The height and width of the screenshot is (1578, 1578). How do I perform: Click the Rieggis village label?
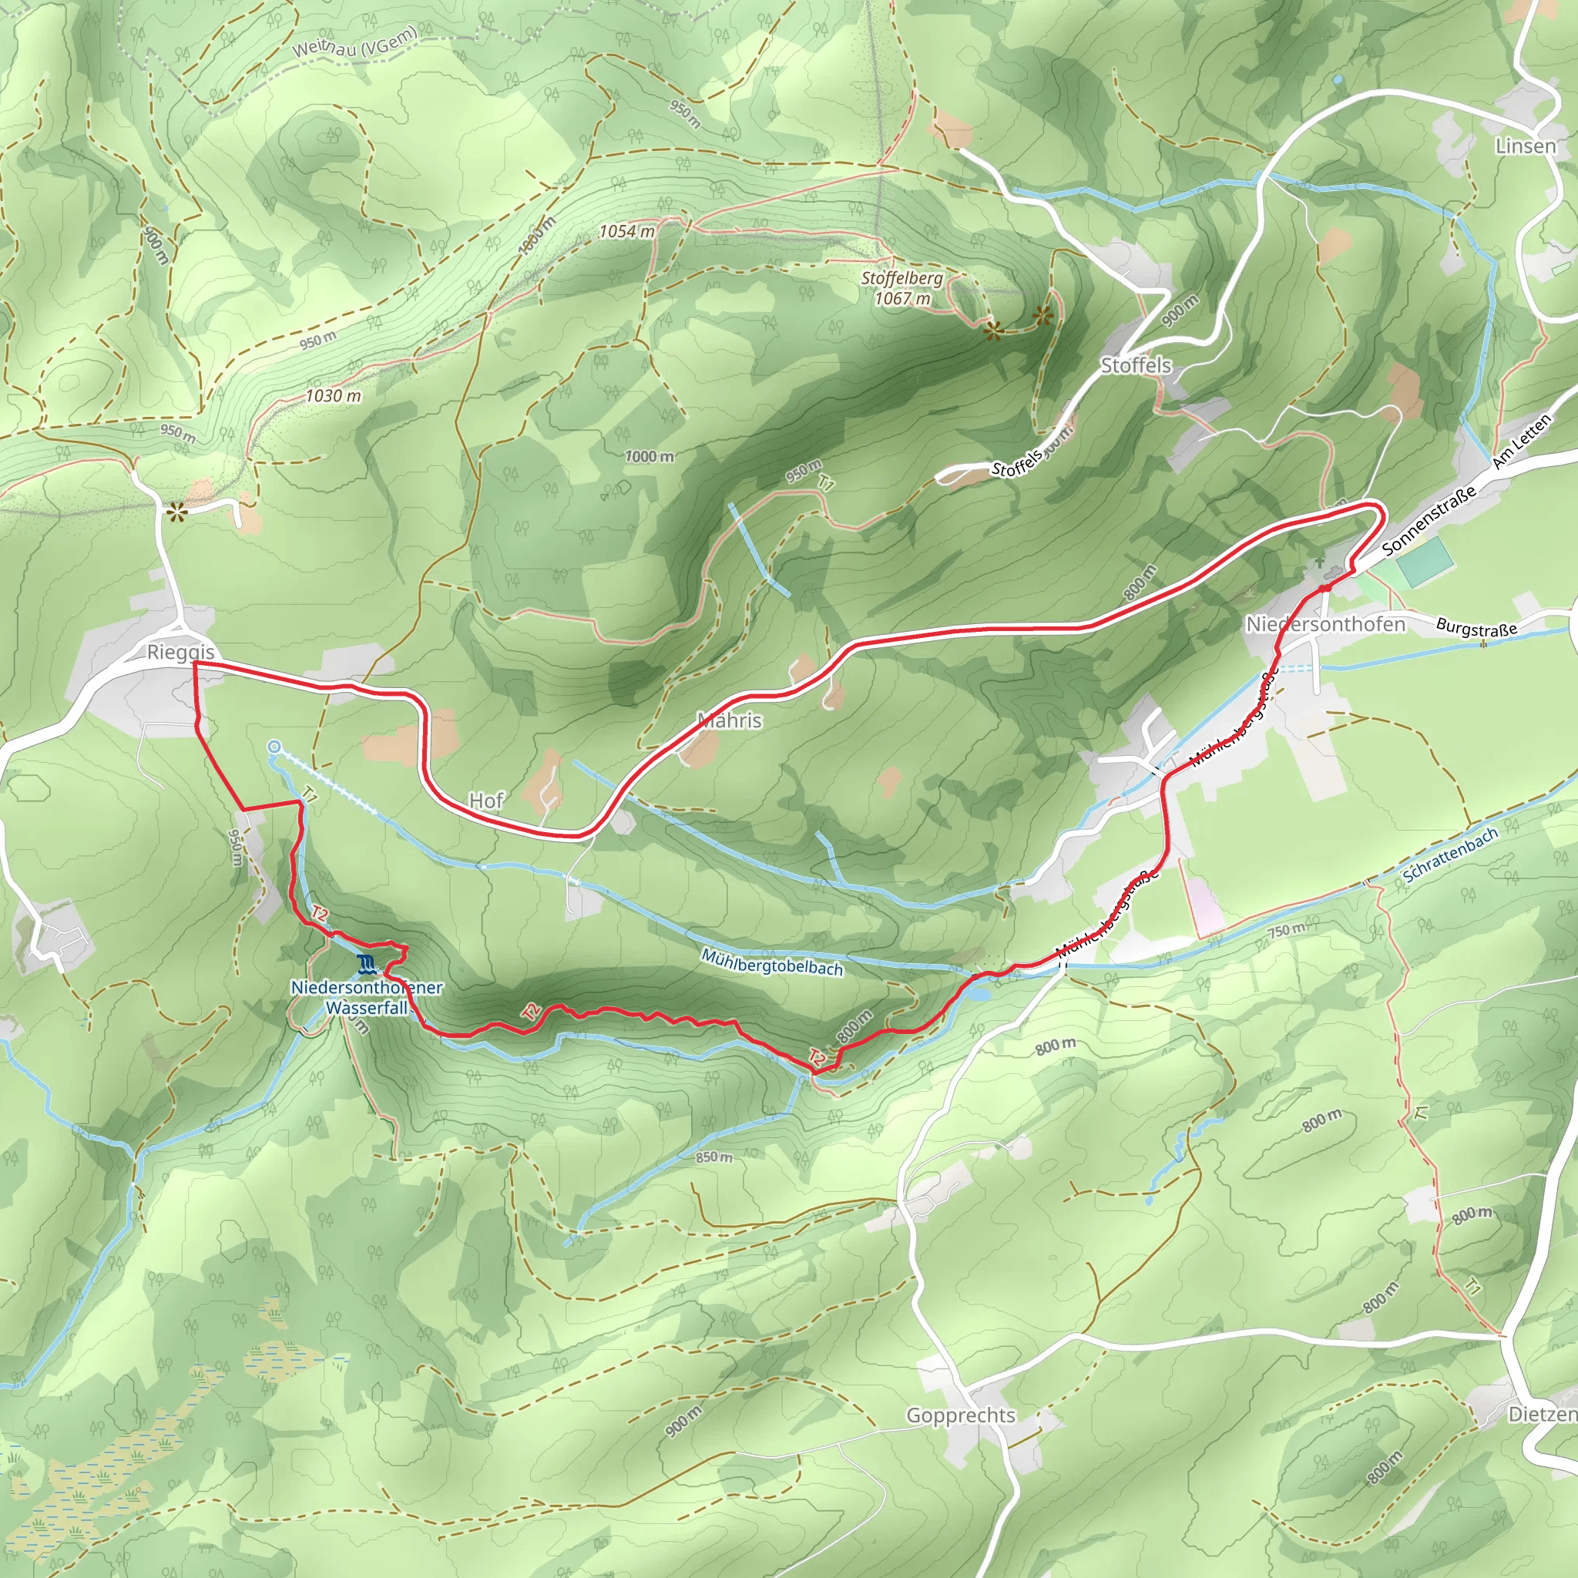pos(180,652)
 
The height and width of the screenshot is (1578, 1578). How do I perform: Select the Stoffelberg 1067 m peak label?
pos(901,287)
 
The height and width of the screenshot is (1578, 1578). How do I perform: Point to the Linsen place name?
pos(1525,146)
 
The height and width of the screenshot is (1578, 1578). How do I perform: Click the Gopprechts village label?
pos(961,1415)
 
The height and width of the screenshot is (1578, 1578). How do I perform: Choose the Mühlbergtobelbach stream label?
pos(772,963)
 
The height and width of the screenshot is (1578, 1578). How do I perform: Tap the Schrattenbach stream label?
pos(1450,854)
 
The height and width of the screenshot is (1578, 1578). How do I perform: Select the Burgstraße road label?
pos(1476,628)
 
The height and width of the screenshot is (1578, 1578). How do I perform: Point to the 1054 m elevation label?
pos(626,231)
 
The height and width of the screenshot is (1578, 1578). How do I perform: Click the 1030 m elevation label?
pos(333,396)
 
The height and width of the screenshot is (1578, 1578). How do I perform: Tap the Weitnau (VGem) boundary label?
pos(355,41)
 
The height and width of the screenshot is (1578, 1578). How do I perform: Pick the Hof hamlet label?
pos(486,801)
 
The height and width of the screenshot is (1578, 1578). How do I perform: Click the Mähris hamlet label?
pos(730,720)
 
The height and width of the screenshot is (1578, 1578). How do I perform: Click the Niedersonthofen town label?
pos(1325,624)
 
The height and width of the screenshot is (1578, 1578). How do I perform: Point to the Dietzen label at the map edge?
pos(1541,1414)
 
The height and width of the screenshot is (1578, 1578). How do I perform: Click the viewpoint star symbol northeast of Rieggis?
pos(176,512)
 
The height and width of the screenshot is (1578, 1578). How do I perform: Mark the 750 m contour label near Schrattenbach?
pos(1286,929)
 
